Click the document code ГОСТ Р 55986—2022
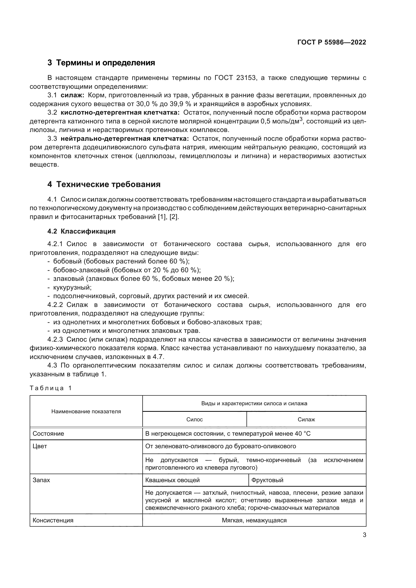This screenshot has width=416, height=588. click(x=331, y=42)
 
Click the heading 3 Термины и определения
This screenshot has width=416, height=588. click(x=101, y=63)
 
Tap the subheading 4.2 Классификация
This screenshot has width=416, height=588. click(x=81, y=231)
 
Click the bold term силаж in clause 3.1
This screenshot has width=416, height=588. click(x=72, y=95)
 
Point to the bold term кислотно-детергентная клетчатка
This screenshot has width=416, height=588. click(x=120, y=113)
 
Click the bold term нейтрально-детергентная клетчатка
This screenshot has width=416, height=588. click(x=124, y=139)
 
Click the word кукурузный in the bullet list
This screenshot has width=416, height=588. click(x=72, y=287)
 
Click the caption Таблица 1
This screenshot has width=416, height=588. click(x=51, y=388)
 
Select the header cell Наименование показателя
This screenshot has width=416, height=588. click(x=86, y=412)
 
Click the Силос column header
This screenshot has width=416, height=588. click(x=194, y=420)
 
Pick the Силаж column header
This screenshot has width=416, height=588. click(x=306, y=420)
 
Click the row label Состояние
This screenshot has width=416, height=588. click(x=48, y=434)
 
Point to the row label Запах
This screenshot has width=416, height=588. click(x=41, y=480)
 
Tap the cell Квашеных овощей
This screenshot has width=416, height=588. click(x=172, y=480)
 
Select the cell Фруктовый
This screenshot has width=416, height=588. click(x=267, y=480)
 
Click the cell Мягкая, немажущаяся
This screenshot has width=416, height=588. click(x=254, y=520)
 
